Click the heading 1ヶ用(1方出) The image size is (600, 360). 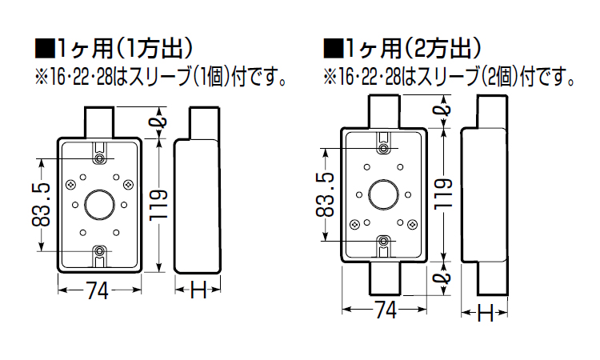tap(124, 50)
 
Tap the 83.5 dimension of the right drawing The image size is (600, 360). tap(326, 194)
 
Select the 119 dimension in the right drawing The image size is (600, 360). tap(447, 194)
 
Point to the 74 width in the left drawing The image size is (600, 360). tap(97, 292)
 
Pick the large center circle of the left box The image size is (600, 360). tap(98, 205)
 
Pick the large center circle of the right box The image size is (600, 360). tap(385, 194)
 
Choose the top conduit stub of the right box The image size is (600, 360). tap(385, 110)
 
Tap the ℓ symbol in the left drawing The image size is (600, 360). tap(159, 122)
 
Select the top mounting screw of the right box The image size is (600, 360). tap(385, 148)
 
